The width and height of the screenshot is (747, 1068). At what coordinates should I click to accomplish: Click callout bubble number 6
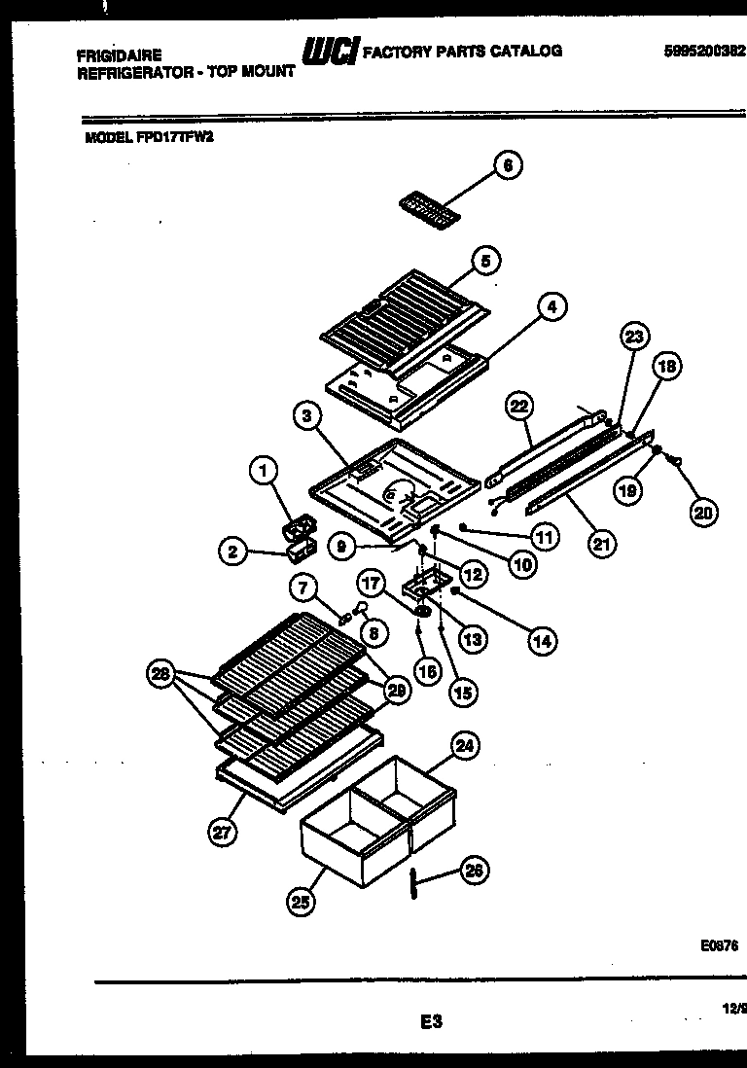507,166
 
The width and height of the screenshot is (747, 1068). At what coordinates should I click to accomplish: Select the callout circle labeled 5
485,260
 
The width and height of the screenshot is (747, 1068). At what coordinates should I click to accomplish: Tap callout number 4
551,308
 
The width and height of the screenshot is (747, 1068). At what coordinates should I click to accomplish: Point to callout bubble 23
633,338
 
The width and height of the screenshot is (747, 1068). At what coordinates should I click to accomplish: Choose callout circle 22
517,406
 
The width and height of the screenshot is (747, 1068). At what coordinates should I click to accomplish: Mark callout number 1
262,472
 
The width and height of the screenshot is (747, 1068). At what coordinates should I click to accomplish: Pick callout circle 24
465,747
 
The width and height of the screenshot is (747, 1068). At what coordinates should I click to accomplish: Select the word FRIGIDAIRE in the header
119,55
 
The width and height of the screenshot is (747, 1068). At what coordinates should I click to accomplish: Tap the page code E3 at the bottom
432,1020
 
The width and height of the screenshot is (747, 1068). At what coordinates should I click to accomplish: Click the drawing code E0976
719,944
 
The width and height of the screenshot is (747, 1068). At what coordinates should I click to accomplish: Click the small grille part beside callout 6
427,206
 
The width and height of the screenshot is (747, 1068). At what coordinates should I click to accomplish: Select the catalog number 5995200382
705,53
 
